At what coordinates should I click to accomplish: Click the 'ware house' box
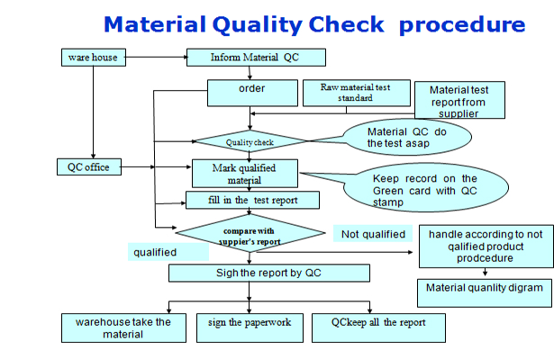coord(92,58)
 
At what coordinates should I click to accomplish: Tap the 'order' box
coord(252,89)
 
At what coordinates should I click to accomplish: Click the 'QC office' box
coord(87,166)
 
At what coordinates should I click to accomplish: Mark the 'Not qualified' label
coord(372,235)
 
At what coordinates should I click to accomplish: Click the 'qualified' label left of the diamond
coord(155,253)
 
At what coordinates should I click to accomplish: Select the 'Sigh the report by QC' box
coord(268,273)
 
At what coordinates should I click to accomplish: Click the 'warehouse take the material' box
coord(123,328)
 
